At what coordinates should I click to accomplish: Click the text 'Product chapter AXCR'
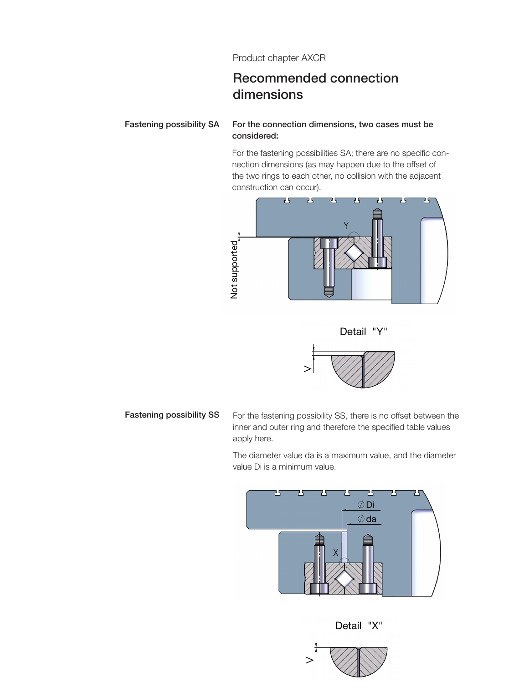click(x=279, y=58)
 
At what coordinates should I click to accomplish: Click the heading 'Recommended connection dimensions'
click(x=315, y=86)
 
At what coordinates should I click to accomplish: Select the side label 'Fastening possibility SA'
click(x=172, y=124)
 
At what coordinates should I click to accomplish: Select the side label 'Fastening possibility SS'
click(x=172, y=415)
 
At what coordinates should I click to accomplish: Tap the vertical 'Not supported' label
click(x=234, y=269)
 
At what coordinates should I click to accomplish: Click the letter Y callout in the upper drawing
click(x=346, y=226)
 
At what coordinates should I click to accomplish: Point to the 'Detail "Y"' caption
click(x=363, y=331)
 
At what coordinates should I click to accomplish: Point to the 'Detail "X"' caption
click(x=359, y=626)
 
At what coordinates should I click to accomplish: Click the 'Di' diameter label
click(x=370, y=505)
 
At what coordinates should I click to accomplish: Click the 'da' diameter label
click(x=371, y=519)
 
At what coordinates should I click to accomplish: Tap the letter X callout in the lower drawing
click(x=335, y=553)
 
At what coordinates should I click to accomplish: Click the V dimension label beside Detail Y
click(x=308, y=369)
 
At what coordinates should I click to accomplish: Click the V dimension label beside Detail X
click(x=310, y=660)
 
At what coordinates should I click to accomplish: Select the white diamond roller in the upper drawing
click(x=354, y=253)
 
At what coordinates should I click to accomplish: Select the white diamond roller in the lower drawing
click(x=345, y=579)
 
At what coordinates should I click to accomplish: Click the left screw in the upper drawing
click(x=329, y=267)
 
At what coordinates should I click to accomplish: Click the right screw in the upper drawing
click(x=377, y=239)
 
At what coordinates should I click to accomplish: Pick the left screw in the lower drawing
click(x=319, y=565)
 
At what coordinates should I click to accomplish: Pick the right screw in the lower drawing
click(x=368, y=565)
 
